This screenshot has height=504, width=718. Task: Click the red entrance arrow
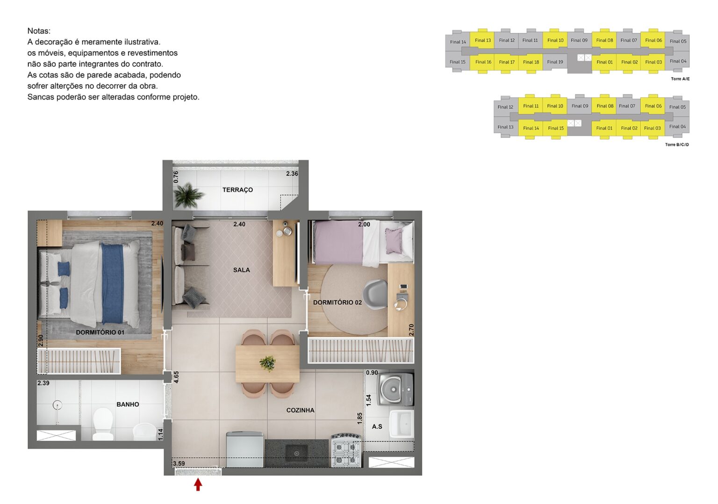coord(198,484)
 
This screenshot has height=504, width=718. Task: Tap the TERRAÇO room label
coord(237,190)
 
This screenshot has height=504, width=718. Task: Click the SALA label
coord(241,270)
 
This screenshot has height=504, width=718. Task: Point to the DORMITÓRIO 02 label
coord(337,302)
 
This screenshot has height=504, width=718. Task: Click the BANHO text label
coord(128,404)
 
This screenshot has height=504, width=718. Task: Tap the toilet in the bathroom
coord(103,424)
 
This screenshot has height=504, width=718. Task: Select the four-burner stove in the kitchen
coord(346,450)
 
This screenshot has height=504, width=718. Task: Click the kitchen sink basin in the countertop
coord(296,453)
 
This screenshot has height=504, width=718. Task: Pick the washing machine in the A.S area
coord(396,389)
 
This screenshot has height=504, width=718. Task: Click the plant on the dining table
coord(267,363)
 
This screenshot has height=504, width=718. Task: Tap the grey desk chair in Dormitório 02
coord(375,295)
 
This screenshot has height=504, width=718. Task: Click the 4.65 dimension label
coord(176,377)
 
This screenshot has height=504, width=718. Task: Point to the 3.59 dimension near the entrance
coord(179,464)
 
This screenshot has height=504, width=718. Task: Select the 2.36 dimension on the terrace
coord(292,174)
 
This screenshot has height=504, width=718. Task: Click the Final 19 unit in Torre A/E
coord(555,62)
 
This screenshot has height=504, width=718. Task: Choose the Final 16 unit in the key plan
coord(483,62)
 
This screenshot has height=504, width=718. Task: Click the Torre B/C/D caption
coord(676,145)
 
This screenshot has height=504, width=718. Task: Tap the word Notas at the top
coord(39,31)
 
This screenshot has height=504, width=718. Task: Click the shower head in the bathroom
coord(57,405)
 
